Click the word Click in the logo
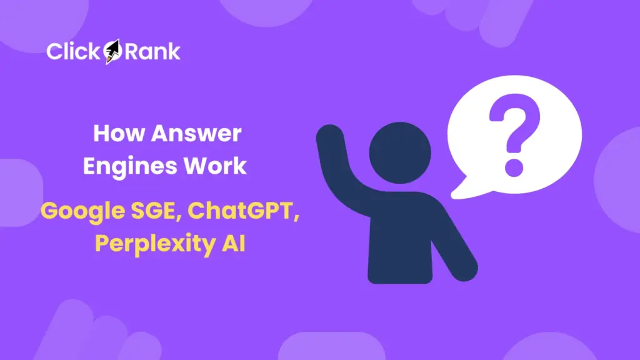(x=72, y=51)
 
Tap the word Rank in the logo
(x=152, y=51)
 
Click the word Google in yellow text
(x=79, y=211)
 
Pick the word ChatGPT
(x=241, y=211)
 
